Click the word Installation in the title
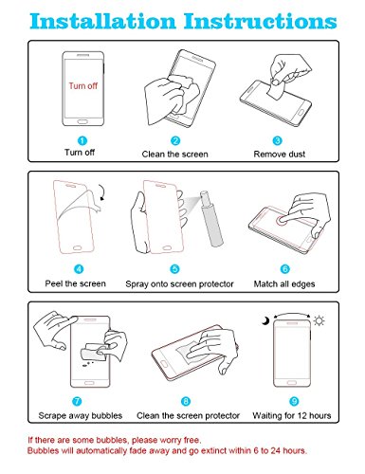[102, 21]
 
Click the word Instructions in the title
[261, 21]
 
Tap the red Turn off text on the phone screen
[83, 86]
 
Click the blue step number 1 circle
[82, 140]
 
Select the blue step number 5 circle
[174, 269]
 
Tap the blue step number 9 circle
[294, 401]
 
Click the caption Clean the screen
[174, 155]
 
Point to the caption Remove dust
[280, 155]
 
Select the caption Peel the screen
[75, 283]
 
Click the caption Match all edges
[284, 284]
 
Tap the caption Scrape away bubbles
[81, 415]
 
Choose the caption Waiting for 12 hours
[292, 415]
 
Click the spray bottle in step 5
[211, 218]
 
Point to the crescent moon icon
[265, 320]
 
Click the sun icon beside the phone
[319, 321]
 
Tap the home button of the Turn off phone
[82, 121]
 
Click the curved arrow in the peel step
[102, 192]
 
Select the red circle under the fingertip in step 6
[283, 220]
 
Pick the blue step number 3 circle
[277, 140]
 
